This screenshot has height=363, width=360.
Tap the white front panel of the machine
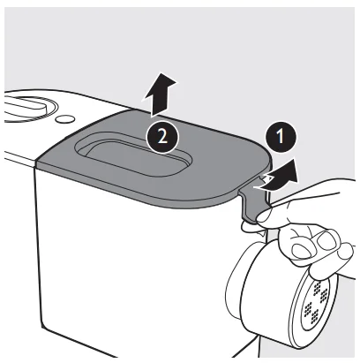115,265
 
